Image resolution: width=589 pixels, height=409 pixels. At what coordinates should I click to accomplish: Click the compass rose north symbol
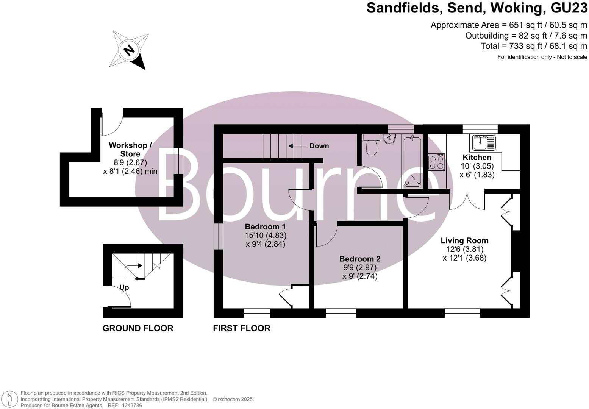click(x=130, y=50)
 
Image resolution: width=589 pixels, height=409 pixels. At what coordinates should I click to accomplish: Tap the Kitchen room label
click(x=477, y=158)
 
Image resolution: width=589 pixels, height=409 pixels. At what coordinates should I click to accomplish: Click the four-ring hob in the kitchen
click(x=436, y=162)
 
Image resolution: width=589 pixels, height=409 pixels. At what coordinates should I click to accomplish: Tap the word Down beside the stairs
click(x=319, y=146)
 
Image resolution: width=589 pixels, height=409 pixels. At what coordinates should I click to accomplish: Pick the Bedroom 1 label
click(x=265, y=227)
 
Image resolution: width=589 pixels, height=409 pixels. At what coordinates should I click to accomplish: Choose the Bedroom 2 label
click(x=360, y=259)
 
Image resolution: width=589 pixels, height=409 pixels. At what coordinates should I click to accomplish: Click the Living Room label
click(x=464, y=240)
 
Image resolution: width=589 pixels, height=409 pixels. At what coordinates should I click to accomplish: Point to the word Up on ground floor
click(x=124, y=287)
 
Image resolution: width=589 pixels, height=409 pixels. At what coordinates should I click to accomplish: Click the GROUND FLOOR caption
click(x=138, y=328)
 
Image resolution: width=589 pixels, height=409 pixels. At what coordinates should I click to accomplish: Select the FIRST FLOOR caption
click(x=242, y=328)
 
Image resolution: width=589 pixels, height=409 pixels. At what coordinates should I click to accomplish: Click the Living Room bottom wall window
click(x=462, y=313)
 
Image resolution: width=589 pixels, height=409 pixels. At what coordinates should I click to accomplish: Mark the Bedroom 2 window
click(x=341, y=313)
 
